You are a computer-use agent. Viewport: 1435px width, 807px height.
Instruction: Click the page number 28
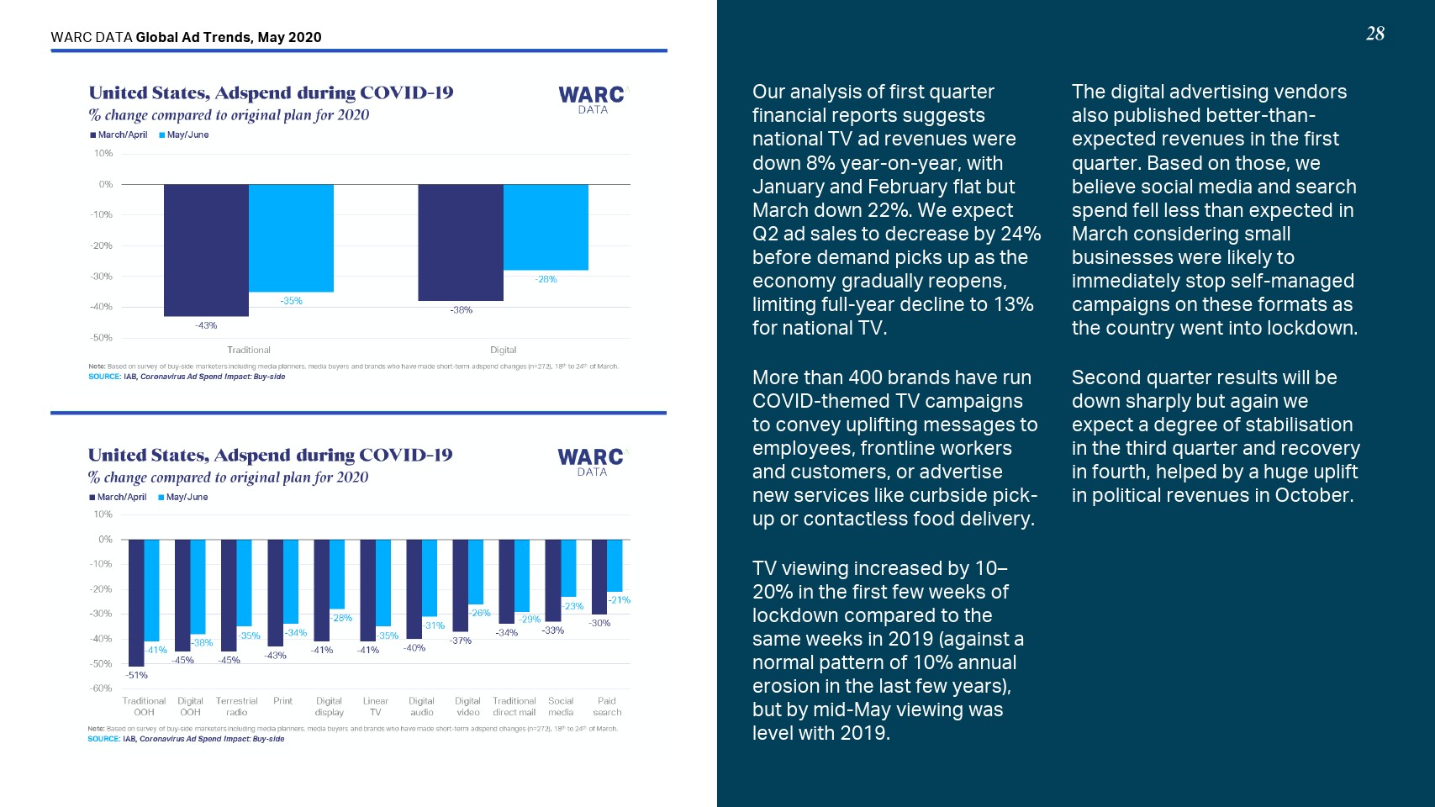point(1374,34)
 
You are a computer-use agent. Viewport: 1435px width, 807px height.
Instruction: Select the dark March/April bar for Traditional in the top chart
point(206,250)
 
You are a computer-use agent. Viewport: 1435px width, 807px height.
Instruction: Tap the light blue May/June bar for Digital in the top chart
point(546,227)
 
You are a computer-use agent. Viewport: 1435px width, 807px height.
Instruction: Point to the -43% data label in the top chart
point(206,325)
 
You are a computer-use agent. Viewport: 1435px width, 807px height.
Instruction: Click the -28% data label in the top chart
point(546,279)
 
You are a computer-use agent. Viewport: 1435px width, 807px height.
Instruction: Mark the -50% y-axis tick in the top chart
point(102,338)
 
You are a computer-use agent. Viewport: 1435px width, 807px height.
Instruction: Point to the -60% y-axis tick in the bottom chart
point(101,688)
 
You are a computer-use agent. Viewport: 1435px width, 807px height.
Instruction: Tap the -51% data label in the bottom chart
point(137,675)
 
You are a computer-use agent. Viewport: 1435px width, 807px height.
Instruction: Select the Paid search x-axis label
point(607,706)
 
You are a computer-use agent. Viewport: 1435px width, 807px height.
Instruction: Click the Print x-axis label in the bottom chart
point(283,701)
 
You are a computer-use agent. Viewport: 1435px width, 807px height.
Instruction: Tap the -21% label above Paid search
point(620,600)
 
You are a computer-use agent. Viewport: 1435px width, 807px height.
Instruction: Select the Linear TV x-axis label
point(376,706)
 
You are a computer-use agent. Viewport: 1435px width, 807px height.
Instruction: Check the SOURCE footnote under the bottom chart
point(186,739)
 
